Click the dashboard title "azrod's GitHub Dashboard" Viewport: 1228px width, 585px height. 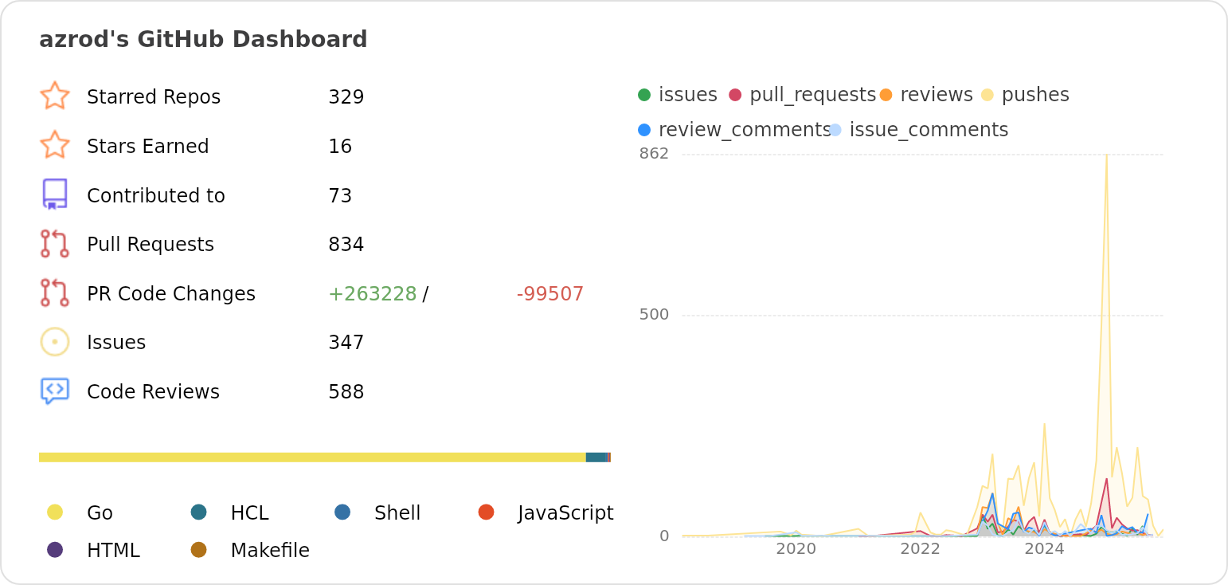click(203, 39)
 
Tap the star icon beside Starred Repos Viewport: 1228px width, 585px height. click(55, 96)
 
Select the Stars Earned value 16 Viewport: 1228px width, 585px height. click(340, 147)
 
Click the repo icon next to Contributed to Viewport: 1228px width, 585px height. click(55, 194)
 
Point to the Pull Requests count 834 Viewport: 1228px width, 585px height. click(346, 245)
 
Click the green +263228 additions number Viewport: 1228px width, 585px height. click(372, 294)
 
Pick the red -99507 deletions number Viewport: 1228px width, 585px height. click(549, 294)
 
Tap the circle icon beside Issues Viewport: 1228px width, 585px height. click(55, 342)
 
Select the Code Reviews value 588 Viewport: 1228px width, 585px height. click(346, 392)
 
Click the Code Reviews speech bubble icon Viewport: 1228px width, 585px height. click(55, 391)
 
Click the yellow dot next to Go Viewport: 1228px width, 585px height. click(55, 512)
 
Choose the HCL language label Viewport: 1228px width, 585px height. click(249, 513)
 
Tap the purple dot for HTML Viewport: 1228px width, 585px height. click(55, 549)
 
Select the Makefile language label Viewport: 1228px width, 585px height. click(269, 551)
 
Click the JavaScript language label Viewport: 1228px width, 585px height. click(565, 513)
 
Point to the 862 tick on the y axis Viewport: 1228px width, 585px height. click(654, 153)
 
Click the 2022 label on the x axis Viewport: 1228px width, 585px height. click(920, 549)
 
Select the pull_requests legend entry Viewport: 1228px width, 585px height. click(811, 95)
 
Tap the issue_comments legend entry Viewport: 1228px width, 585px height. click(928, 130)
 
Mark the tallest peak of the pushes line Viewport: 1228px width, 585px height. click(1106, 155)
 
